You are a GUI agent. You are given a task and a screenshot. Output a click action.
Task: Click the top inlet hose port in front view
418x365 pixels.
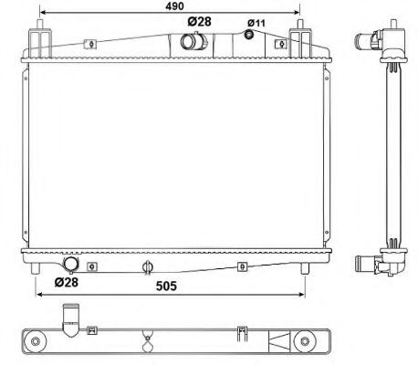pos(193,42)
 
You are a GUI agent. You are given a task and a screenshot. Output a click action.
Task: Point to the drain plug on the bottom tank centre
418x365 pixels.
pos(147,267)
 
